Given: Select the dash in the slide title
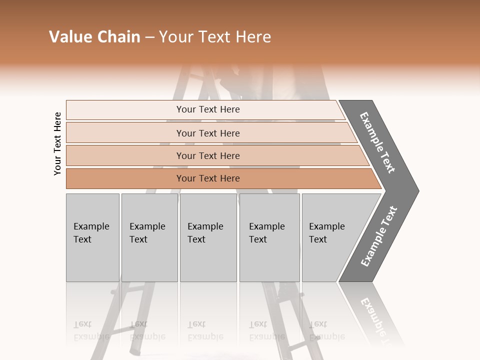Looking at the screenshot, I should [x=149, y=37].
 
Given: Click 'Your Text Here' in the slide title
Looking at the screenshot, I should [x=215, y=37].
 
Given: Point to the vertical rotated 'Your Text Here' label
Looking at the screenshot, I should [x=57, y=143].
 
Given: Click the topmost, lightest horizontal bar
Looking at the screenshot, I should [x=207, y=109].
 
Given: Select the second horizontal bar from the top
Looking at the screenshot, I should [x=207, y=133].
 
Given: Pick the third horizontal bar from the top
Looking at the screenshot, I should [x=207, y=155].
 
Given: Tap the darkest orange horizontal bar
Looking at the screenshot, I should [x=207, y=178].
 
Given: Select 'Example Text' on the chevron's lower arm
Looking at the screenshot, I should [x=379, y=236].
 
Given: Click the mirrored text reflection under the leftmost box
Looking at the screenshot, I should [x=91, y=330].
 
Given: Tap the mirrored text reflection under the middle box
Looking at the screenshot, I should [x=205, y=330].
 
